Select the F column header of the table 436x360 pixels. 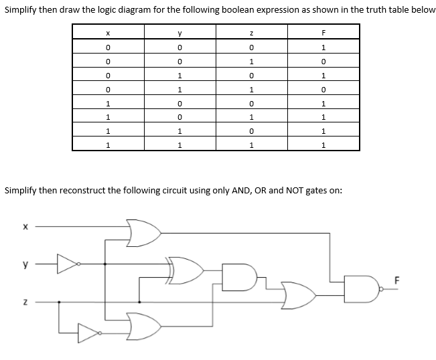(323, 32)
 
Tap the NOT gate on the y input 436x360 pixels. (69, 266)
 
